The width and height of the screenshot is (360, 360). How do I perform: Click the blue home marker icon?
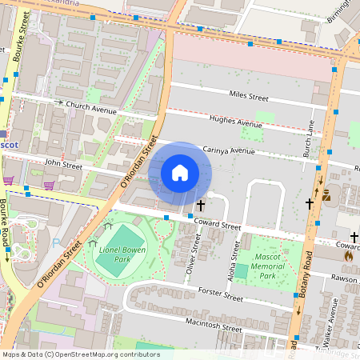[180, 172]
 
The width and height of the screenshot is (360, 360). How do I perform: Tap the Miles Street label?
[248, 96]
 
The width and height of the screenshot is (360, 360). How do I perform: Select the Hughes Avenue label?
[235, 122]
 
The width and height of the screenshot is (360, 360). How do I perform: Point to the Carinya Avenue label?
[229, 150]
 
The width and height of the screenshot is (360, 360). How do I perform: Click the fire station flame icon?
[348, 257]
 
